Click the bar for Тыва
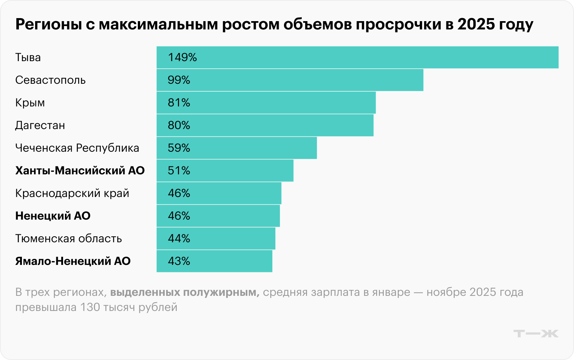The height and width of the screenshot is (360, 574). pyautogui.click(x=357, y=57)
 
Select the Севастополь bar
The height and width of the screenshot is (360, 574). pyautogui.click(x=290, y=80)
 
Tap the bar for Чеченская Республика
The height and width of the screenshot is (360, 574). pyautogui.click(x=236, y=148)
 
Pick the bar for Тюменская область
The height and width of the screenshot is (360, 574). pyautogui.click(x=216, y=238)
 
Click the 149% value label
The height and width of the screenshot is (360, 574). pyautogui.click(x=182, y=57)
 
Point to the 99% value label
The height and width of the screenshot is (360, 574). pyautogui.click(x=179, y=80)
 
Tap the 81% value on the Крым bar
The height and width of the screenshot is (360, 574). pyautogui.click(x=179, y=103)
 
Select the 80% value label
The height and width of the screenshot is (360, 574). pyautogui.click(x=179, y=125)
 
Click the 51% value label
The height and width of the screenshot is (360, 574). pyautogui.click(x=179, y=171)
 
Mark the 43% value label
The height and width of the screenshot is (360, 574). pyautogui.click(x=179, y=261)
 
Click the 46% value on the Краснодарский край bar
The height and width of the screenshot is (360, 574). pyautogui.click(x=179, y=193)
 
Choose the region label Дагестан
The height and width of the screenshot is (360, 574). pyautogui.click(x=40, y=125)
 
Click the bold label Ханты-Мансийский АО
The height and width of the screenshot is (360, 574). pyautogui.click(x=80, y=171)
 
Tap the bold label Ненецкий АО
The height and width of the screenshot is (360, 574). pyautogui.click(x=53, y=216)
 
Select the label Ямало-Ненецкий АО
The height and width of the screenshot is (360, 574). pyautogui.click(x=73, y=261)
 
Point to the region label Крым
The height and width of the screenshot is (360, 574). pyautogui.click(x=30, y=103)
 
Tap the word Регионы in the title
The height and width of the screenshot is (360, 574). pyautogui.click(x=48, y=24)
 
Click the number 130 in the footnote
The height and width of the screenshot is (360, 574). pyautogui.click(x=90, y=307)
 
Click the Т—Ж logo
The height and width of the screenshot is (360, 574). pyautogui.click(x=536, y=334)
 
